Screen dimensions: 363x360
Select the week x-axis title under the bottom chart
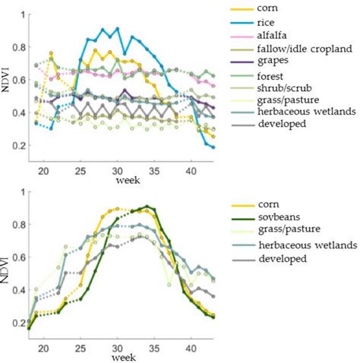point(115,355)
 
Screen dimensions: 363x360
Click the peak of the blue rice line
point(117,28)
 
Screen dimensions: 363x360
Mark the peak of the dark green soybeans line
point(147,206)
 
